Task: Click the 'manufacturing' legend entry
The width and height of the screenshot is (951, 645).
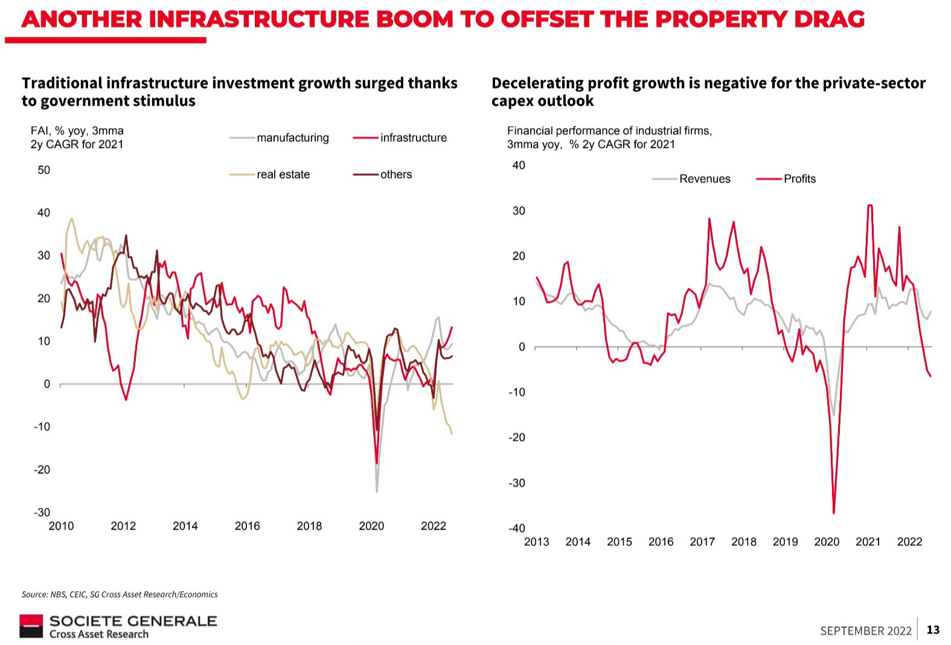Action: pos(292,138)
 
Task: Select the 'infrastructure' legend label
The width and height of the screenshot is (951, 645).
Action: pos(413,138)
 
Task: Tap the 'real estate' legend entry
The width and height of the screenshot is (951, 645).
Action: pos(283,175)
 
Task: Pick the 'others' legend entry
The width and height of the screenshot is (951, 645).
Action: pos(395,175)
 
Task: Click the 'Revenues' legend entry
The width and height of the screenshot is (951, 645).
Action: pos(704,179)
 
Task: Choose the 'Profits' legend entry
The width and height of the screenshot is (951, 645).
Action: pos(799,179)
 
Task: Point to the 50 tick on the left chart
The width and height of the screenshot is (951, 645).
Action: pos(44,170)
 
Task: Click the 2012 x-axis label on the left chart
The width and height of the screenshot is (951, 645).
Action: pos(123,526)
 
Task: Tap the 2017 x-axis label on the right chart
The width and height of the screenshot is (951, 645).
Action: pos(702,542)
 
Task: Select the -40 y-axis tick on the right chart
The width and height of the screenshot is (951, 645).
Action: pos(517,528)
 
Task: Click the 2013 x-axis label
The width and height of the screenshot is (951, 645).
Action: pos(536,542)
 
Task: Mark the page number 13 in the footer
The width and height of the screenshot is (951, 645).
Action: pos(933,630)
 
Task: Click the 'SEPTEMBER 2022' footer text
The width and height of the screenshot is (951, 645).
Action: pos(865,631)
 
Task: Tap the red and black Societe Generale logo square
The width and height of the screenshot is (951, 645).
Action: pos(31,626)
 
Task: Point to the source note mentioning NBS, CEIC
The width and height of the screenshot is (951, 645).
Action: pos(120,594)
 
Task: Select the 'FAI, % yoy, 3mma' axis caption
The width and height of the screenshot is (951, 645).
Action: pos(77,130)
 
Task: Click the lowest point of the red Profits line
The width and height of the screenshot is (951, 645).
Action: pos(834,513)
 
